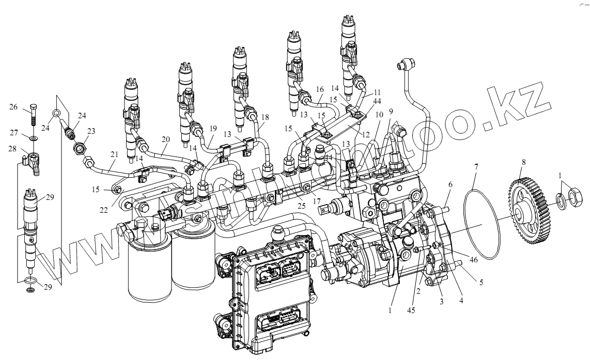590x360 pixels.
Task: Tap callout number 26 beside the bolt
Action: pyautogui.click(x=14, y=107)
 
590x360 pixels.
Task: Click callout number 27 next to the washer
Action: pyautogui.click(x=14, y=132)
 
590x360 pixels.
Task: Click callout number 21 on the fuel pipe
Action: pyautogui.click(x=114, y=154)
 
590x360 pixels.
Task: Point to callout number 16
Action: pyautogui.click(x=319, y=89)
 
